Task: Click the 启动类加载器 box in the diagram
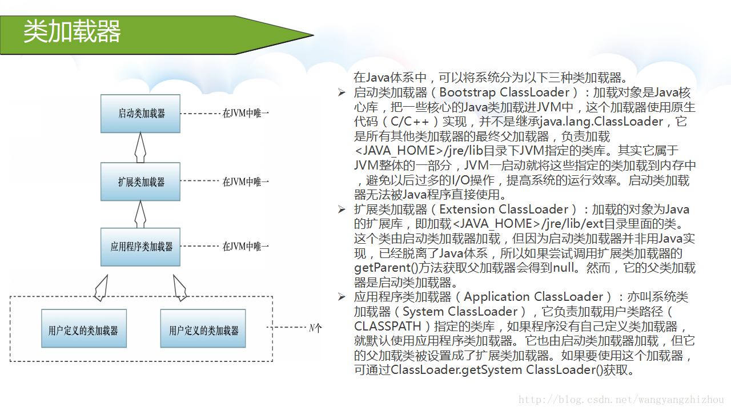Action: pyautogui.click(x=140, y=114)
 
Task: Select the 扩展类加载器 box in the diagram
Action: pyautogui.click(x=140, y=182)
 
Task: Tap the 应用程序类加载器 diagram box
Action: pyautogui.click(x=140, y=247)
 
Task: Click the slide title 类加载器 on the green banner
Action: pyautogui.click(x=72, y=31)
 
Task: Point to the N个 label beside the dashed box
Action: pyautogui.click(x=315, y=328)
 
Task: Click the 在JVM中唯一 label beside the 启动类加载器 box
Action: pyautogui.click(x=246, y=114)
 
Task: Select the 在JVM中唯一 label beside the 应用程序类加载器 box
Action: pyautogui.click(x=246, y=247)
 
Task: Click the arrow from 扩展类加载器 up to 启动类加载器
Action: pyautogui.click(x=140, y=147)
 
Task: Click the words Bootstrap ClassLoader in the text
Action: pyautogui.click(x=505, y=92)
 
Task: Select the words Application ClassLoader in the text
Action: pyautogui.click(x=533, y=297)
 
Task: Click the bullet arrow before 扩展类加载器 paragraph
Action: pyautogui.click(x=342, y=209)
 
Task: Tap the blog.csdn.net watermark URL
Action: pyautogui.click(x=621, y=400)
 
